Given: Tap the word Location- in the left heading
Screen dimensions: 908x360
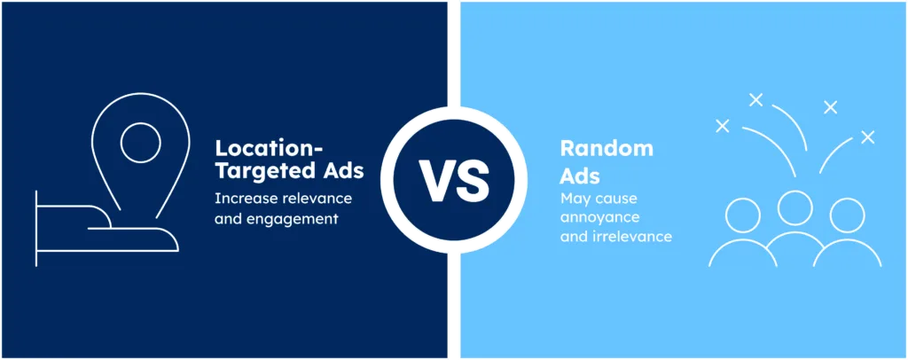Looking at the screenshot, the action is point(270,147).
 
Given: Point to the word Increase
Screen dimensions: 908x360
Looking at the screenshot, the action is point(240,198).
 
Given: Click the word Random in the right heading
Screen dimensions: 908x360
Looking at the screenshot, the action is point(607,148).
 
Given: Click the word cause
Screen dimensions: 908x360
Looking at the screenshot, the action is point(617,200).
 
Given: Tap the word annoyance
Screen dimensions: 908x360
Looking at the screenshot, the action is point(600,218).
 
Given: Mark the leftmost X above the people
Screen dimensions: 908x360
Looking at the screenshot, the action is point(722,126).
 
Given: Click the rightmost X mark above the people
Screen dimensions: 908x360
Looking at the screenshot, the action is point(867,137).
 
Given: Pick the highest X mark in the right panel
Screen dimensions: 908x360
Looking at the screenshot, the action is point(755,100).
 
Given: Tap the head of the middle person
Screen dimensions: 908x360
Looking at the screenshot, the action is point(795,208).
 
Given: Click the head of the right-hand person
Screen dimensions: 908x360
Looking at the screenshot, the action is point(847,215).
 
